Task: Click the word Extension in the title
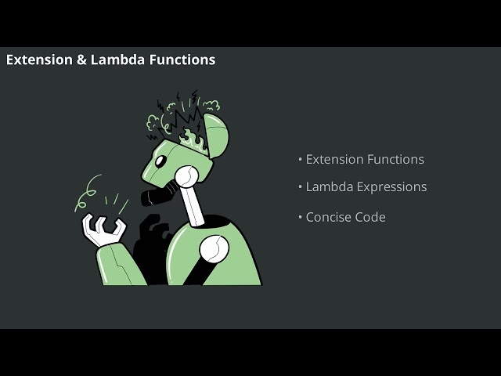[x=39, y=60]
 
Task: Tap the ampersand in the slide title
[x=81, y=60]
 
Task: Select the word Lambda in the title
[x=117, y=60]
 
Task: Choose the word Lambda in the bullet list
[x=329, y=186]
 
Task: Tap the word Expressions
[x=391, y=187]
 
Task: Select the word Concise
[x=329, y=217]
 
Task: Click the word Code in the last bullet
[x=370, y=217]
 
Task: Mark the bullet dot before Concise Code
[x=301, y=218]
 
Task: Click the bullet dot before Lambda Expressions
[x=301, y=187]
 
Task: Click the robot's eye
[x=160, y=161]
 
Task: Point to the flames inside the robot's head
[x=192, y=139]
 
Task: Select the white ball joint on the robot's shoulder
[x=214, y=249]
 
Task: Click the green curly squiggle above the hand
[x=86, y=193]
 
